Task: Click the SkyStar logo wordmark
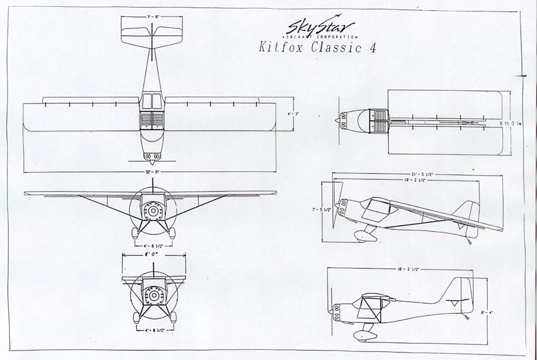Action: click(x=320, y=27)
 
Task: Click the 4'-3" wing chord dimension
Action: click(x=293, y=114)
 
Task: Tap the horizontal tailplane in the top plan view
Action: click(x=151, y=35)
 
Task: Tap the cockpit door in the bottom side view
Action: click(x=368, y=309)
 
